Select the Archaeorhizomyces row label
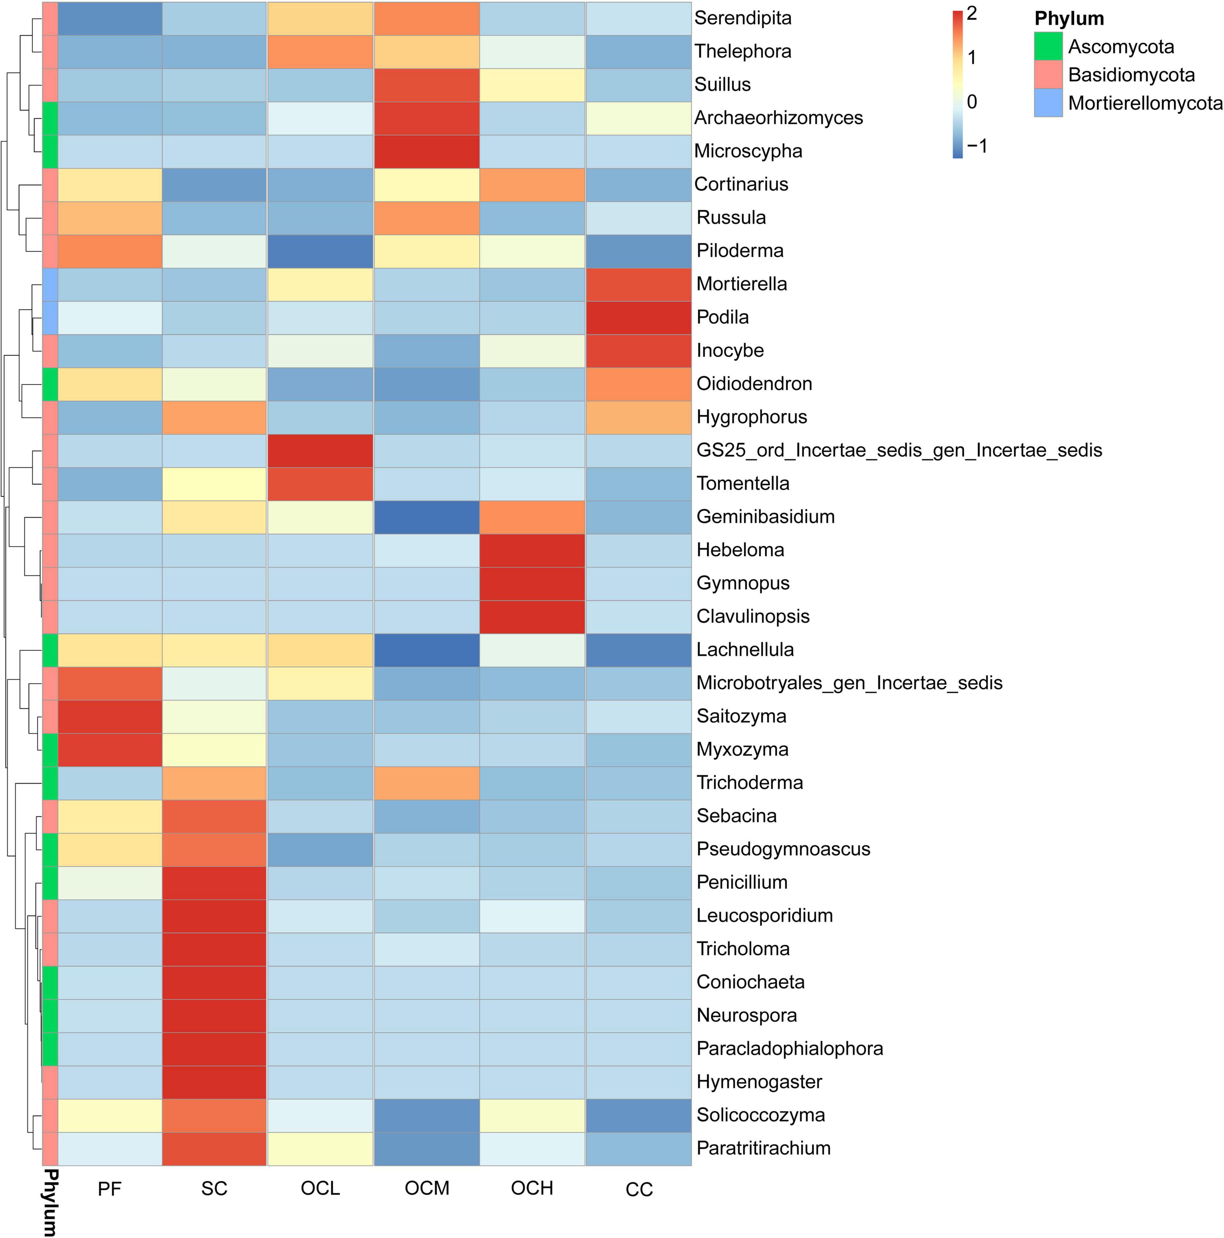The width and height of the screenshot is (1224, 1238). (x=778, y=118)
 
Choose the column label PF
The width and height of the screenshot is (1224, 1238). (x=109, y=1189)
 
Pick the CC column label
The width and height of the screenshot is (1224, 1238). (x=639, y=1189)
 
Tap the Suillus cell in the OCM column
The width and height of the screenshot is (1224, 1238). (x=427, y=85)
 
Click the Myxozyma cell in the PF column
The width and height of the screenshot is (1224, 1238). (x=109, y=750)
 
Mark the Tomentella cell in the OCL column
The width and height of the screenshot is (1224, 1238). (x=320, y=484)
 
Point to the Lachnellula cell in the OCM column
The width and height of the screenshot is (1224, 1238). (x=427, y=650)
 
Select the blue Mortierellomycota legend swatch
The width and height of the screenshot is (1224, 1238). (x=1048, y=102)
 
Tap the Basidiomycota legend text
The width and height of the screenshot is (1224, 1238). (x=1131, y=75)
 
